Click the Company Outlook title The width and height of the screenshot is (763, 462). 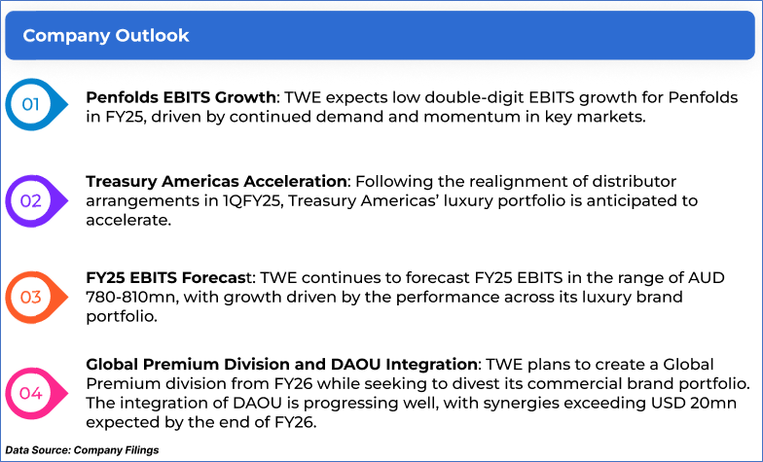click(105, 35)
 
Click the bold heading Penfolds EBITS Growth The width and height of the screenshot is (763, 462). click(181, 97)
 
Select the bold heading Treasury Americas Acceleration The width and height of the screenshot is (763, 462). click(216, 181)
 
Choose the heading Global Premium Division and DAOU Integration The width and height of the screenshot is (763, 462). click(282, 364)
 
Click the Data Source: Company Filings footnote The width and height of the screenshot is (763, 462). click(82, 450)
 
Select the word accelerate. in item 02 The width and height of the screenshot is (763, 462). click(128, 220)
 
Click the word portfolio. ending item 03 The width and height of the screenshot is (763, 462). click(122, 317)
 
